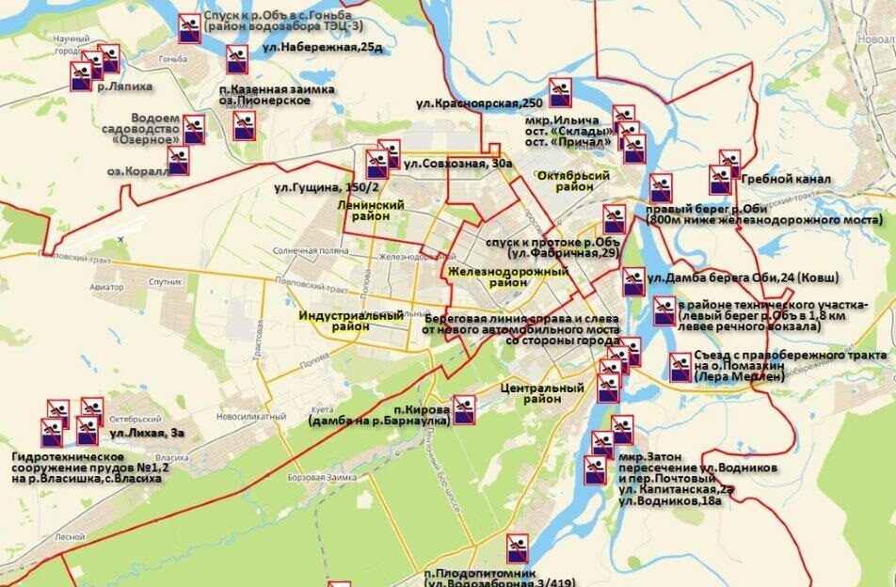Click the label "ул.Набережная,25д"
[x=311, y=47]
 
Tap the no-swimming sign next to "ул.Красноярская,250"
[x=560, y=90]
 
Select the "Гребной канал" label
[x=786, y=179]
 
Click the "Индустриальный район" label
[x=349, y=320]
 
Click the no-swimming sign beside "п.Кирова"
[x=463, y=408]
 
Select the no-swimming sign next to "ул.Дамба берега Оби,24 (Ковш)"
[x=632, y=279]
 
